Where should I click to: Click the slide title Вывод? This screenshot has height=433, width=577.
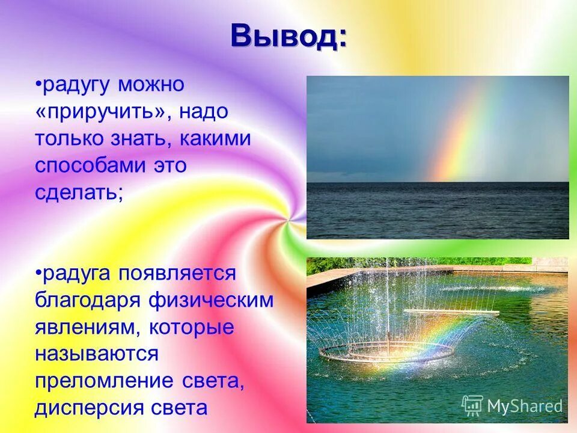coord(288,37)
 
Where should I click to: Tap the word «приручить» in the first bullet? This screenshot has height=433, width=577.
coord(99,112)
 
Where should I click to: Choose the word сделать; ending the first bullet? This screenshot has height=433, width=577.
coord(79,194)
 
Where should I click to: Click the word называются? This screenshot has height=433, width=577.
coord(96,355)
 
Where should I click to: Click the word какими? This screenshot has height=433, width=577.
coord(214,139)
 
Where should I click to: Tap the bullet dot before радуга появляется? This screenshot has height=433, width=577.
coord(38,274)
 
